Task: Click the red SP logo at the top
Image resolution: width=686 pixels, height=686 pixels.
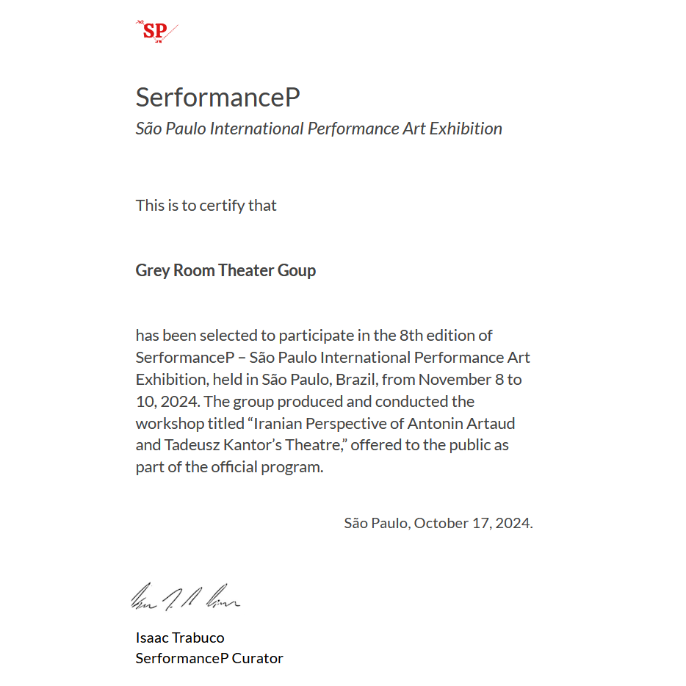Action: tap(156, 31)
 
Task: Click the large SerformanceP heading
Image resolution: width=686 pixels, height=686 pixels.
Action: tap(217, 98)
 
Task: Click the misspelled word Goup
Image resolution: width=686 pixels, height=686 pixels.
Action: tap(297, 271)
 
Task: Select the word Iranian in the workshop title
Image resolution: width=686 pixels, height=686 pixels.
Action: tap(284, 424)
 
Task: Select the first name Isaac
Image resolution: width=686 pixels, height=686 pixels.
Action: tap(153, 638)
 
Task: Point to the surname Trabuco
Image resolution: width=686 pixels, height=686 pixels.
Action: tap(199, 638)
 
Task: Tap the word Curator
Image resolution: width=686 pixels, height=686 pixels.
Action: tap(257, 658)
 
